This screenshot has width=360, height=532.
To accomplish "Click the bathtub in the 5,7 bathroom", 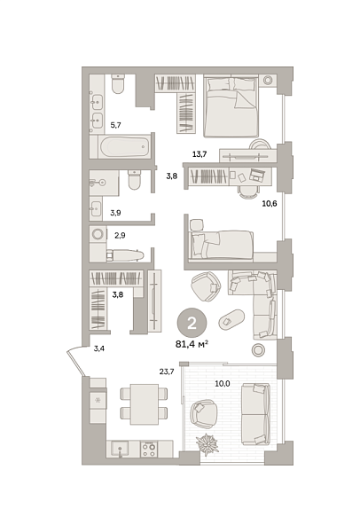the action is pyautogui.click(x=124, y=147).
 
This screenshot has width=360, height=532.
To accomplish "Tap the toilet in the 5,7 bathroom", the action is pyautogui.click(x=119, y=84).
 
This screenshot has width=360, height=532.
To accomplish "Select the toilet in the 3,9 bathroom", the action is pyautogui.click(x=135, y=180).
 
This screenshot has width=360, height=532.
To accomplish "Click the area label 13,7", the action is pyautogui.click(x=200, y=154).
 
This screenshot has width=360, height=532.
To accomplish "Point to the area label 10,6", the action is pyautogui.click(x=270, y=204).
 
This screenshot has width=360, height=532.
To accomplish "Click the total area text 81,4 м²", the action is pyautogui.click(x=192, y=344).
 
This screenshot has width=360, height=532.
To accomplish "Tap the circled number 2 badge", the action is pyautogui.click(x=192, y=324).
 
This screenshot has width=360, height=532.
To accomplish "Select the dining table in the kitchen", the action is pyautogui.click(x=145, y=404).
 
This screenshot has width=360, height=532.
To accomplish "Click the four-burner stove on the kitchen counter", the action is pyautogui.click(x=148, y=449).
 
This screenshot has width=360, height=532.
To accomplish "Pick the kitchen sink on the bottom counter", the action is pyautogui.click(x=119, y=449).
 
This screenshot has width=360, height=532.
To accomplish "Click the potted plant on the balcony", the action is pyautogui.click(x=207, y=444).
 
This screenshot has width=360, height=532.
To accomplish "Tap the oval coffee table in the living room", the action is pyautogui.click(x=231, y=319).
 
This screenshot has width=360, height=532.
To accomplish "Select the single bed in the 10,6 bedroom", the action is pyautogui.click(x=222, y=244).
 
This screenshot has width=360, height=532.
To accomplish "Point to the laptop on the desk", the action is pyautogui.click(x=256, y=175).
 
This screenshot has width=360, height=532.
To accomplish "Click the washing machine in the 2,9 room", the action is pyautogui.click(x=98, y=234).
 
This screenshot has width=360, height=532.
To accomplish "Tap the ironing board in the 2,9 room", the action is pyautogui.click(x=125, y=254).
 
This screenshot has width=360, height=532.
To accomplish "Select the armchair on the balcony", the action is pyautogui.click(x=203, y=413).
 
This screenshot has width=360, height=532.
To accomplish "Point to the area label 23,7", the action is pyautogui.click(x=167, y=372).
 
